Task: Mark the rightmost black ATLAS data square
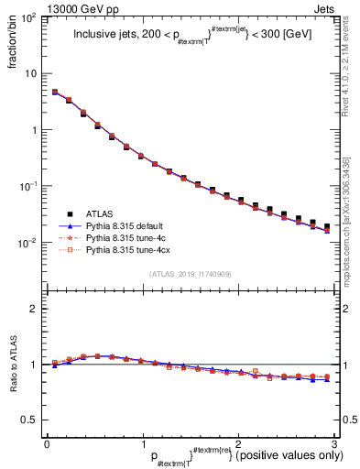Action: point(327,226)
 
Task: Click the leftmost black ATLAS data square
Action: point(54,93)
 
